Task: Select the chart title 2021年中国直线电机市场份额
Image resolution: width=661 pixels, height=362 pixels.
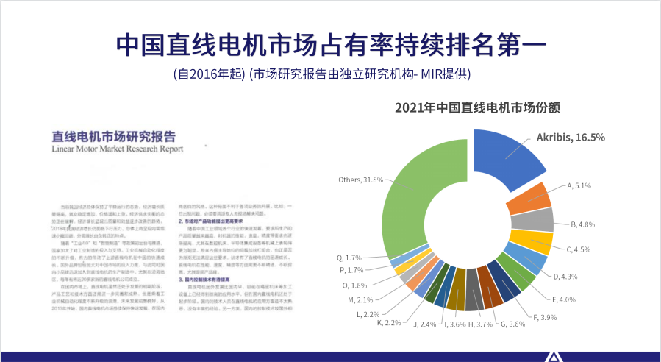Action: pos(478,107)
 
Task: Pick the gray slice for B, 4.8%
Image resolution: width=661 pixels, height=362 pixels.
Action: pos(542,219)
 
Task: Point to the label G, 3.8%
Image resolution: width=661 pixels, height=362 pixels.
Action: pos(517,324)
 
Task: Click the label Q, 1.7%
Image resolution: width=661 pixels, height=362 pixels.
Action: pos(349,258)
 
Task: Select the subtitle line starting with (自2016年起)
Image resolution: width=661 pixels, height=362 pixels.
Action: pos(321,74)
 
